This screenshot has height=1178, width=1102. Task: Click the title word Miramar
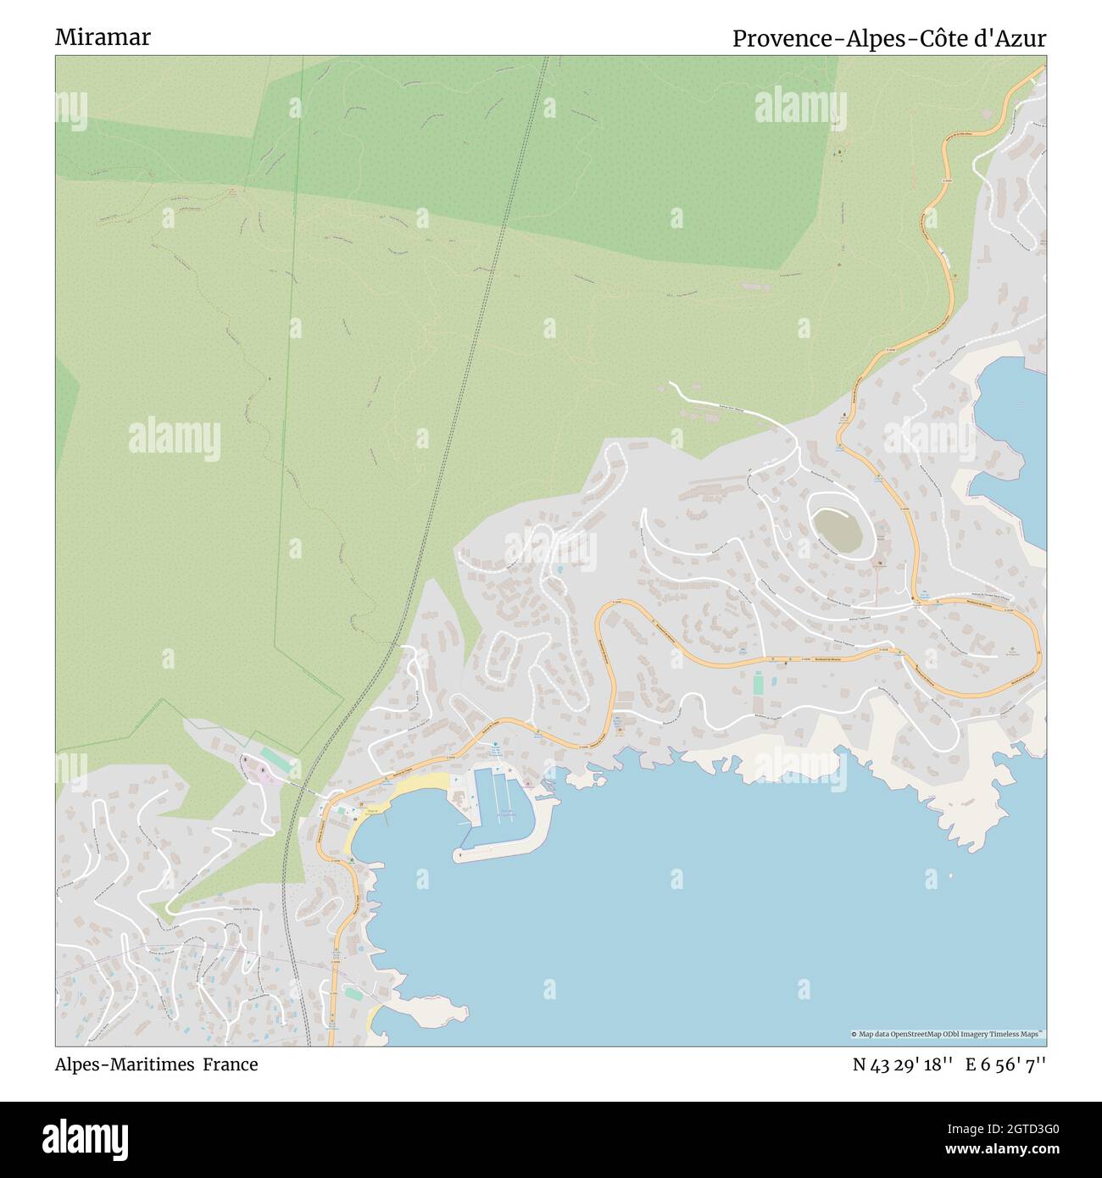[x=103, y=37]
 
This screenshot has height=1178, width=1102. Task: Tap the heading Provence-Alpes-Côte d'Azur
[x=888, y=38]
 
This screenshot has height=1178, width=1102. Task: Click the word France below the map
[x=230, y=1064]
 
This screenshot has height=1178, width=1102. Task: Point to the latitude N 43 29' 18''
[x=902, y=1064]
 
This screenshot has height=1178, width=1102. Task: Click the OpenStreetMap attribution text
[x=947, y=1034]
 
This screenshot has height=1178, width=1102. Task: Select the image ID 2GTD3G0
[x=1017, y=1130]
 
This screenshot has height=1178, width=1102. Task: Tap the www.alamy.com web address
[x=1003, y=1151]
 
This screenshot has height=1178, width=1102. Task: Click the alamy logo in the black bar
[x=86, y=1139]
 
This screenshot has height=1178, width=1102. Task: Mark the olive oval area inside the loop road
[x=838, y=530]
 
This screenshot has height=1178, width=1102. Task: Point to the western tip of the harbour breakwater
[x=459, y=856]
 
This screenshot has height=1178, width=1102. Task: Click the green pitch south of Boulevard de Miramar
[x=758, y=683]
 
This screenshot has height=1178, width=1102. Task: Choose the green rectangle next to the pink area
[x=277, y=760]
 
